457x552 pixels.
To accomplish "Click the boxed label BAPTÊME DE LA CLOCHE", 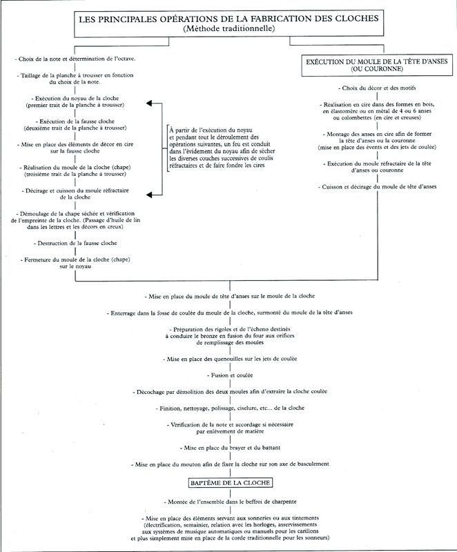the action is (x=231, y=482).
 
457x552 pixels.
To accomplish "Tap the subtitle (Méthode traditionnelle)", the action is (x=229, y=28).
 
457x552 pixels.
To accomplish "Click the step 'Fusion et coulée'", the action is (x=231, y=375).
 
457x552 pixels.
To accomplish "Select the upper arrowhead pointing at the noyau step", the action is (x=149, y=103).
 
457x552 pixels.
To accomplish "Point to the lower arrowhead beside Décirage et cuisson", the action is (x=149, y=195).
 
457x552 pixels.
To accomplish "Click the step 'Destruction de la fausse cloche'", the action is (x=75, y=243).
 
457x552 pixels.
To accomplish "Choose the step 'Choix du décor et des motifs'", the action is (x=377, y=88).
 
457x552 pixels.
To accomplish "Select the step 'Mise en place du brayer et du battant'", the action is (x=231, y=448).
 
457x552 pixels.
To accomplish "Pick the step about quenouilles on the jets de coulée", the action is (x=230, y=359).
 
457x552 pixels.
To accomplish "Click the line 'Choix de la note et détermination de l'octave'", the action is (x=75, y=59).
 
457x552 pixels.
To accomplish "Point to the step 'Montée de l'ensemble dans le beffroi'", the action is (x=231, y=502).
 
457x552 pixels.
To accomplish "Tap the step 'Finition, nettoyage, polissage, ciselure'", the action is (x=230, y=408).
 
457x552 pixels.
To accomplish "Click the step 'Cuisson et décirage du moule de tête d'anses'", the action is (x=377, y=186).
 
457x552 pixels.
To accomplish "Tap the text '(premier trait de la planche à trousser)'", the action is (x=75, y=105).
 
